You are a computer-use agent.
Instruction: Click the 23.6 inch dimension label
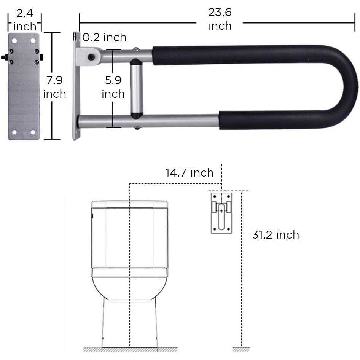pyautogui.click(x=220, y=19)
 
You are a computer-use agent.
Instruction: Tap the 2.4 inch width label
pyautogui.click(x=25, y=20)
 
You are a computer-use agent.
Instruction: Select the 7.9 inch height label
pyautogui.click(x=54, y=87)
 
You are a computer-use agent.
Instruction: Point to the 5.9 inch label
pyautogui.click(x=113, y=87)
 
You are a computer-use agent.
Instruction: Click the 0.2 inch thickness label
pyautogui.click(x=104, y=37)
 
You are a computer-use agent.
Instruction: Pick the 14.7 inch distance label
pyautogui.click(x=190, y=173)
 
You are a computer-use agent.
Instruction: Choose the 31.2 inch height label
pyautogui.click(x=276, y=235)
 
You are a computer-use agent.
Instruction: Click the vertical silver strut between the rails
pyautogui.click(x=136, y=89)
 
